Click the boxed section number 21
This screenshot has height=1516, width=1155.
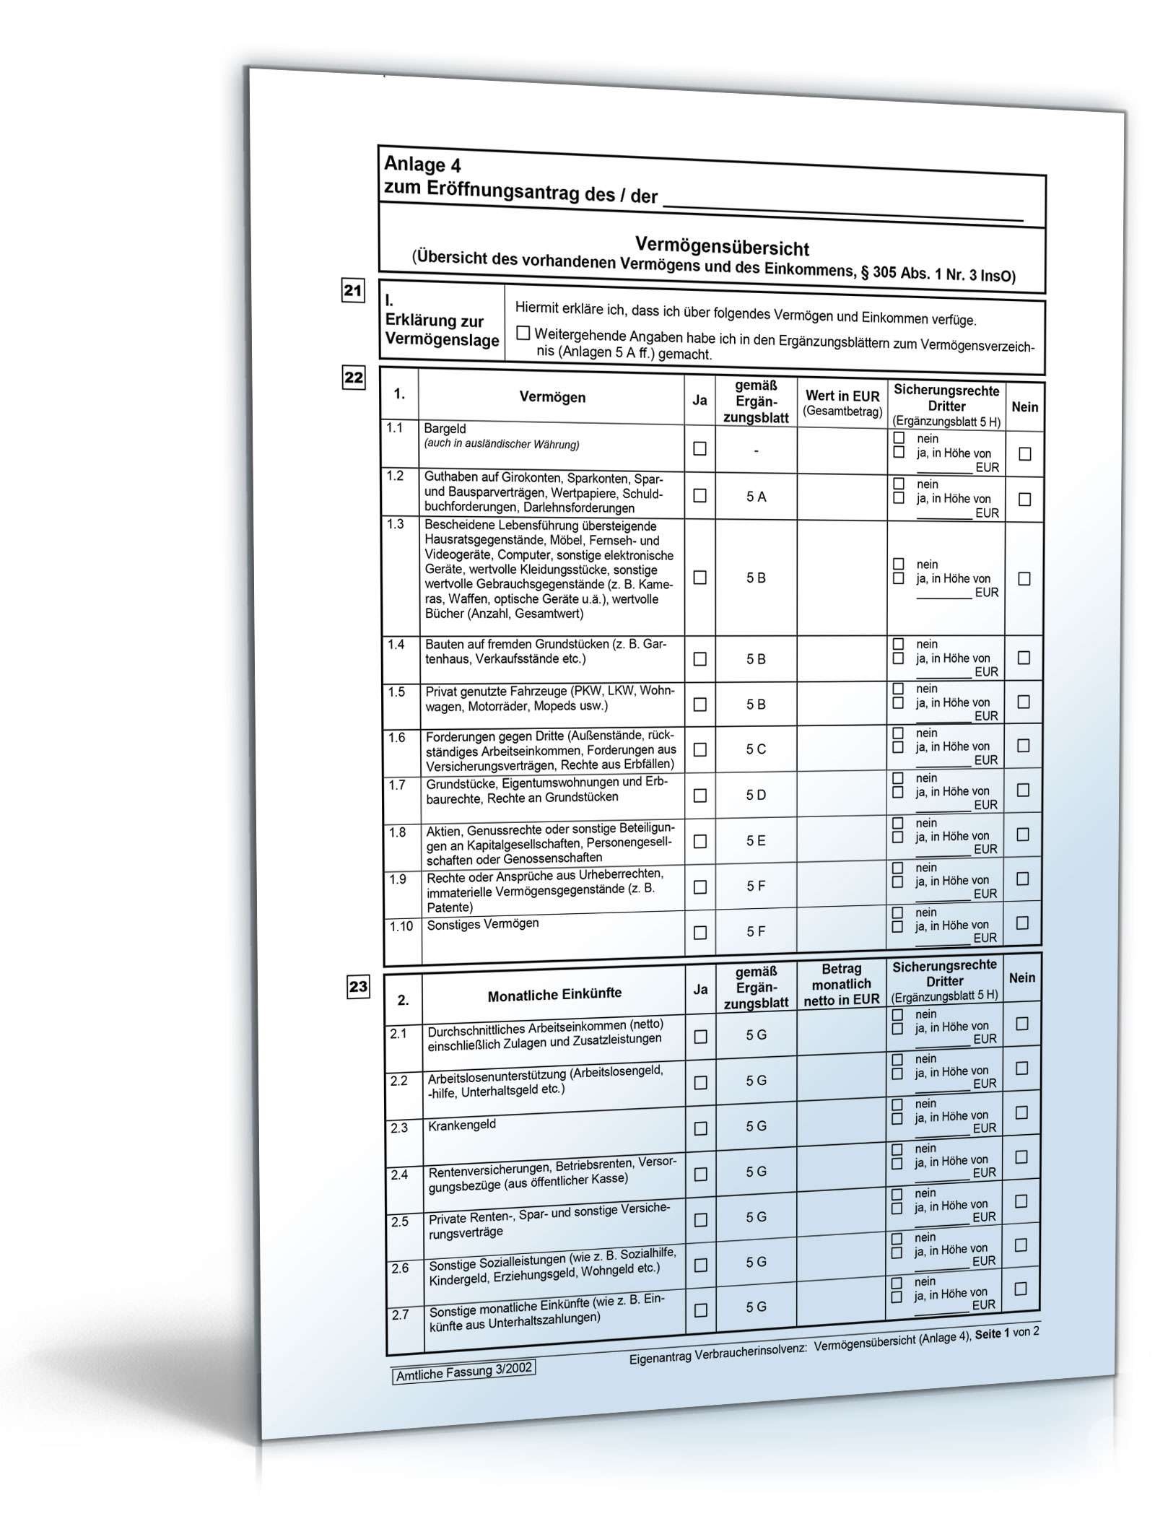tap(353, 291)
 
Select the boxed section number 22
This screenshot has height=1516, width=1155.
tap(354, 378)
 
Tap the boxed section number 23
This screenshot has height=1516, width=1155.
tap(358, 986)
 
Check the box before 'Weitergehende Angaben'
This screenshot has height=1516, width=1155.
tap(523, 333)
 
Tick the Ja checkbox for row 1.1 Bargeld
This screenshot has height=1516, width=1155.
tap(699, 448)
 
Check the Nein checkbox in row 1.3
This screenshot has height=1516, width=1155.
tap(1024, 578)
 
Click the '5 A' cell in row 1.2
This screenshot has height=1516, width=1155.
tap(756, 496)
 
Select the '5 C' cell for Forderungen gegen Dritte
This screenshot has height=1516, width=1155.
tap(756, 749)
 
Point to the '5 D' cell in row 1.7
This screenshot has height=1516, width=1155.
tap(756, 795)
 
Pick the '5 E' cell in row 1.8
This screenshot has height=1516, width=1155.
tap(756, 840)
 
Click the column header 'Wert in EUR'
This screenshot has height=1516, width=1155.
tap(842, 396)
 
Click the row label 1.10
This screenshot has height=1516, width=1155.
tap(401, 926)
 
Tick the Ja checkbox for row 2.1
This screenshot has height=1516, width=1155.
tap(700, 1036)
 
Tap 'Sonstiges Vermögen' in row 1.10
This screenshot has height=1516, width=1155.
tap(483, 924)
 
